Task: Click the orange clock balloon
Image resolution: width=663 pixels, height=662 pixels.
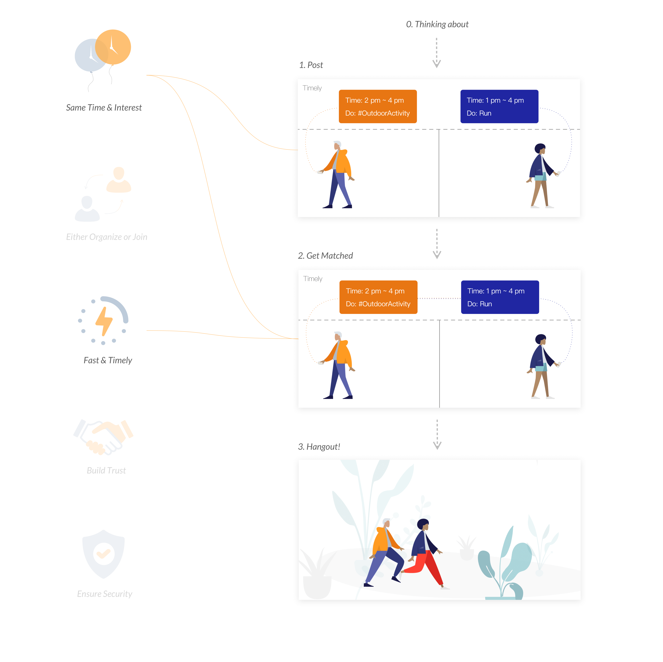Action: pyautogui.click(x=115, y=46)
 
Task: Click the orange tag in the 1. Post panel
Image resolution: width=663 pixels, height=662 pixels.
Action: pyautogui.click(x=378, y=106)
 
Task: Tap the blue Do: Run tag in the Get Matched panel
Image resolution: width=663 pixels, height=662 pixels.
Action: pyautogui.click(x=500, y=297)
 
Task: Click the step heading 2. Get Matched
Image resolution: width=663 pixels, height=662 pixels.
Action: pyautogui.click(x=325, y=256)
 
